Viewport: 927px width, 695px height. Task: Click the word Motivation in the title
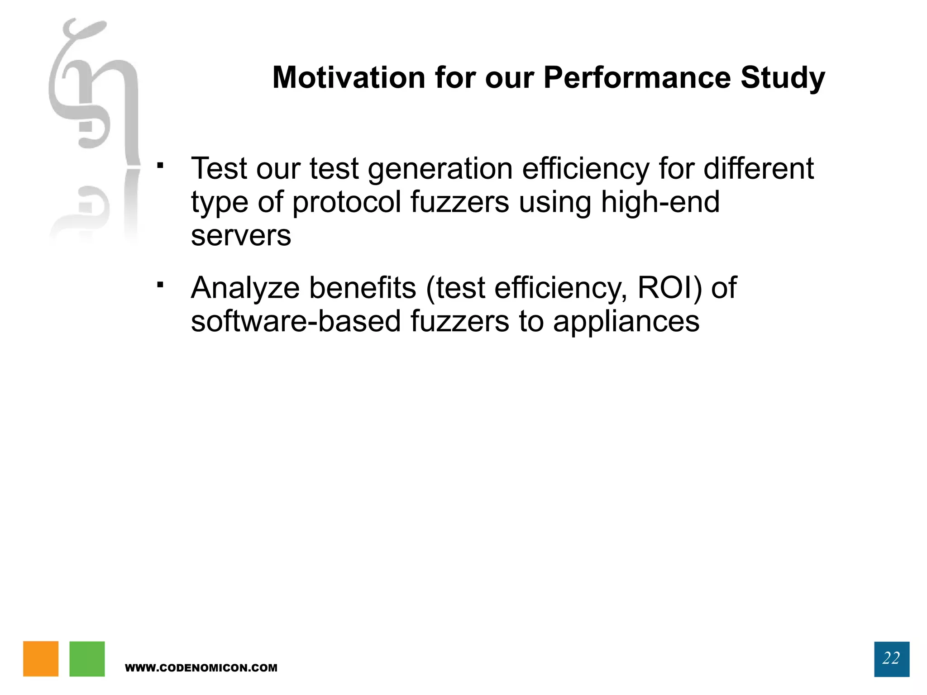(349, 77)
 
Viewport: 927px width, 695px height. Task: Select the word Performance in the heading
(637, 77)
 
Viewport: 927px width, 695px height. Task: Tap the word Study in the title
(783, 77)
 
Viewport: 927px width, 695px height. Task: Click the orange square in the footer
(41, 658)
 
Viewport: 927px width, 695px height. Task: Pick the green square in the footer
(87, 658)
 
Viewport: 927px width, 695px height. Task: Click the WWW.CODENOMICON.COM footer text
(201, 668)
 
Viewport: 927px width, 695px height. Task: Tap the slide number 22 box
(891, 659)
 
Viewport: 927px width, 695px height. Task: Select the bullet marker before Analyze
(160, 285)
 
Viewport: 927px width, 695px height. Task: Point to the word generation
(440, 169)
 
